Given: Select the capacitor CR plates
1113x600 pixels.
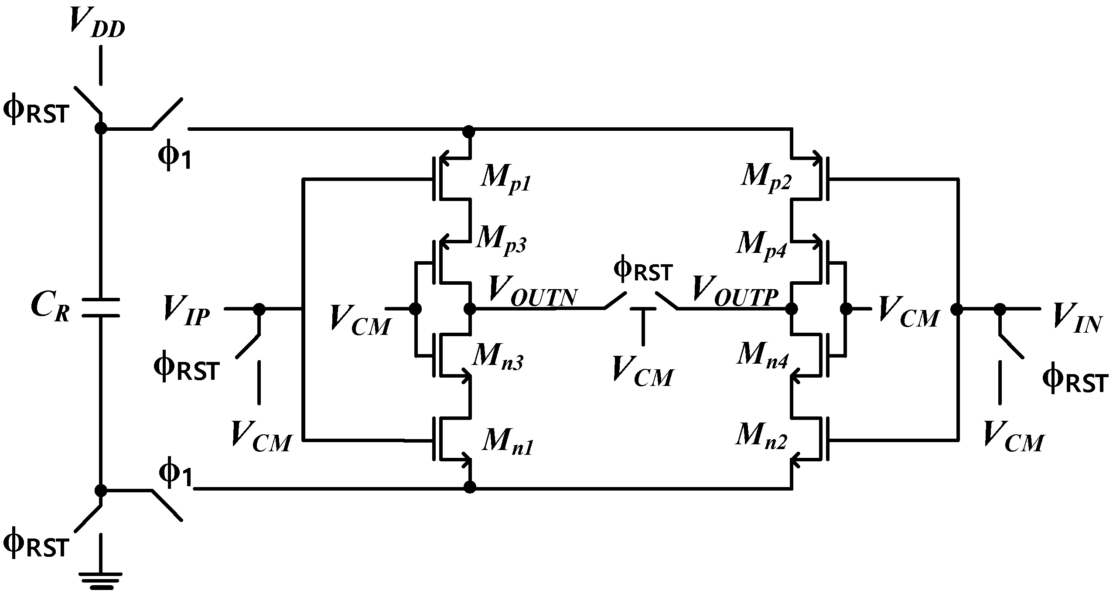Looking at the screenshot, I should (101, 307).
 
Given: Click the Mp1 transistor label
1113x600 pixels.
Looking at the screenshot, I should (506, 179).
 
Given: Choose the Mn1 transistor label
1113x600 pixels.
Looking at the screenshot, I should (507, 443).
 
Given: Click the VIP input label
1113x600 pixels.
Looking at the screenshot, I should (187, 310).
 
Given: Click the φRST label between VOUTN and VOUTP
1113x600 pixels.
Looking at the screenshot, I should (643, 271).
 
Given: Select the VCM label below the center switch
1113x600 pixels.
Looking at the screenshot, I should (643, 372).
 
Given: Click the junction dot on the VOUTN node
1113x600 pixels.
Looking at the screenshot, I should (470, 309).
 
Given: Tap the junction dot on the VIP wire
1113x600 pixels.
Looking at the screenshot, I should (259, 309).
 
